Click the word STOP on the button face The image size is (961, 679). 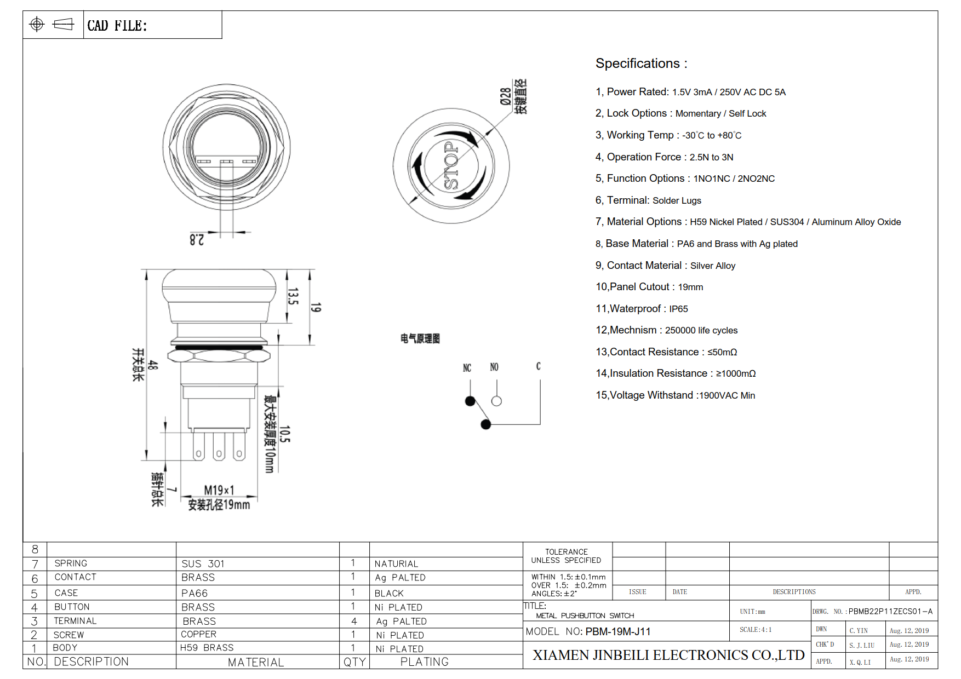[x=450, y=166]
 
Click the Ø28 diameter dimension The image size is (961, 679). [x=505, y=96]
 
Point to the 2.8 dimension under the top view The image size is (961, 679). [x=197, y=240]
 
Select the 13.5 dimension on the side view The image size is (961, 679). [x=293, y=296]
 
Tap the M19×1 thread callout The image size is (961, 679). [x=219, y=490]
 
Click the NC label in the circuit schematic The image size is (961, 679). [x=467, y=368]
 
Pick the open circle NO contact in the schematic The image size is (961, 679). [x=496, y=401]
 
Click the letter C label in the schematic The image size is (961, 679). [x=538, y=366]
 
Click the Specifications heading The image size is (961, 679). [x=641, y=64]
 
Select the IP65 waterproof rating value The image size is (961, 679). [x=678, y=309]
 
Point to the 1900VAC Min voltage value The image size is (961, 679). [x=727, y=395]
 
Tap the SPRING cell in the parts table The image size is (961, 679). [x=71, y=563]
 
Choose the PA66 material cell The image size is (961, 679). [x=195, y=593]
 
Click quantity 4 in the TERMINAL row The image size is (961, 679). [x=354, y=621]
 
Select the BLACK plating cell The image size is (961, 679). [x=389, y=593]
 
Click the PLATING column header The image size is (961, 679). [x=424, y=662]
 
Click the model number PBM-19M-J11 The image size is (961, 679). [x=618, y=631]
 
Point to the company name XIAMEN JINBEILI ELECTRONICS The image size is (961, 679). [x=668, y=655]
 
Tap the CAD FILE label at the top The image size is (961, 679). [x=117, y=26]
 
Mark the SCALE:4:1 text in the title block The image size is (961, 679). [x=756, y=630]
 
